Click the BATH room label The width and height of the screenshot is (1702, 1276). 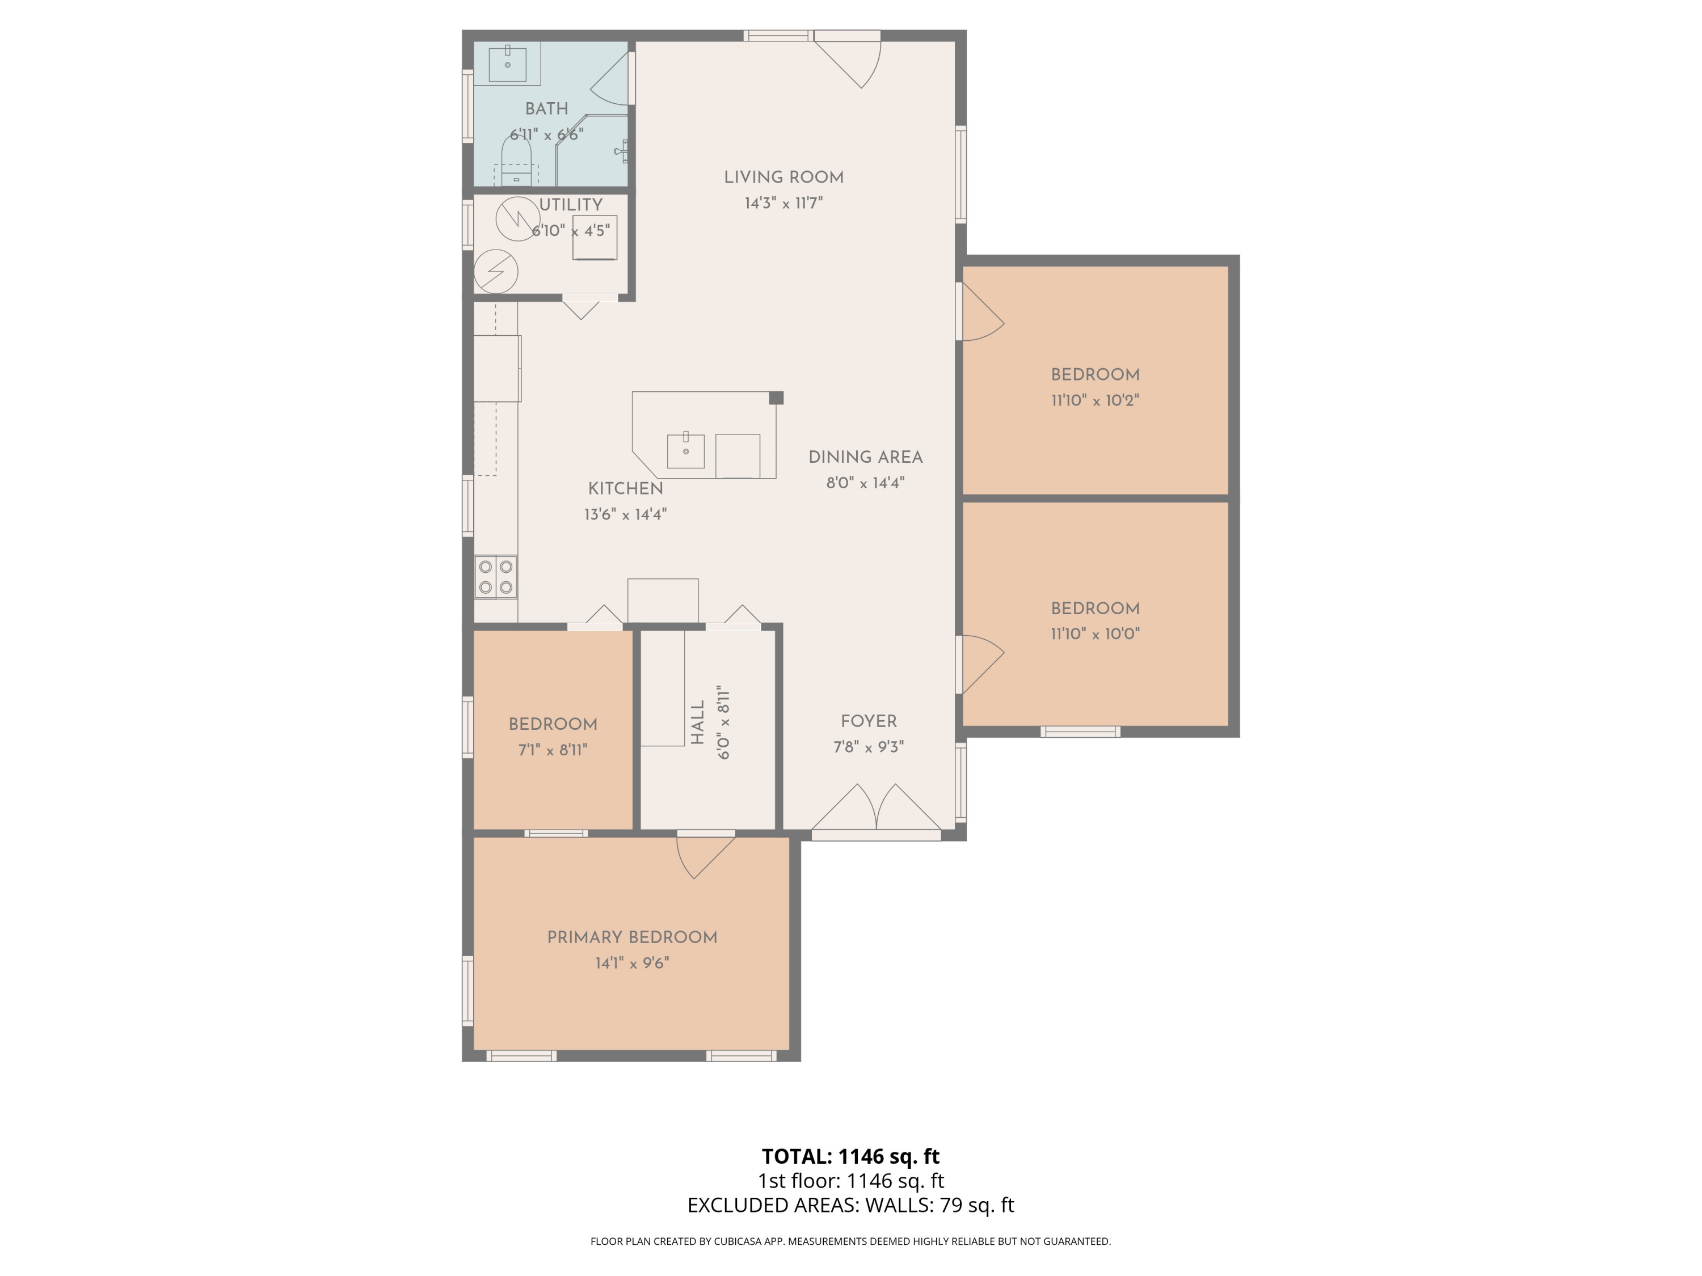(546, 109)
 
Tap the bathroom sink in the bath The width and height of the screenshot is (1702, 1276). (508, 62)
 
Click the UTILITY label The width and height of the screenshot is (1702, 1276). (570, 205)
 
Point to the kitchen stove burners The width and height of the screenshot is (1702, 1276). (495, 577)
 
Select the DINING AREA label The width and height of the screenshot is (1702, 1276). (865, 458)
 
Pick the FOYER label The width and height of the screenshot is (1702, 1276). (868, 721)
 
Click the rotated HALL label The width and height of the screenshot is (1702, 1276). (698, 722)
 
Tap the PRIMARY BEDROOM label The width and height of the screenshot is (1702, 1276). (631, 937)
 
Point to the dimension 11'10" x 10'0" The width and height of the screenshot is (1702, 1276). (1094, 635)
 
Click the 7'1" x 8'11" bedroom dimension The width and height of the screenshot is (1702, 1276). (553, 750)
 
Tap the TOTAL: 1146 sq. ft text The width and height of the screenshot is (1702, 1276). (850, 1156)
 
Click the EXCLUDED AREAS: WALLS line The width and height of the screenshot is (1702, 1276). (850, 1205)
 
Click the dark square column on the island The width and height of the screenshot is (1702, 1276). (776, 398)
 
